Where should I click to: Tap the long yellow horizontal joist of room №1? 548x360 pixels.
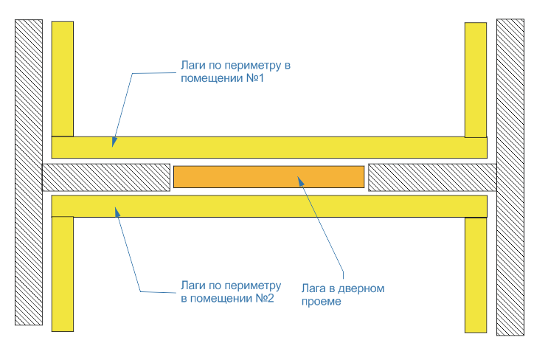click(x=269, y=147)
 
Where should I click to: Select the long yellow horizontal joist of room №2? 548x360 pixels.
click(x=269, y=206)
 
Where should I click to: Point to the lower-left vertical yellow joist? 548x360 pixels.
click(x=63, y=274)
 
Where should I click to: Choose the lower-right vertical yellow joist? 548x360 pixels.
click(x=476, y=274)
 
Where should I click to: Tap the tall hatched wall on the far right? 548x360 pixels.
click(x=510, y=177)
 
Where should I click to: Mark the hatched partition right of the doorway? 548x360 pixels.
click(x=431, y=176)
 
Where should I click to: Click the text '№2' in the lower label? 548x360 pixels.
click(x=262, y=298)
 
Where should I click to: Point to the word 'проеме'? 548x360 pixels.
click(x=322, y=302)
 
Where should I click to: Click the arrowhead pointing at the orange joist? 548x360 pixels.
click(x=299, y=179)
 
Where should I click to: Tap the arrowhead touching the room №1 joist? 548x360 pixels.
click(x=114, y=142)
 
